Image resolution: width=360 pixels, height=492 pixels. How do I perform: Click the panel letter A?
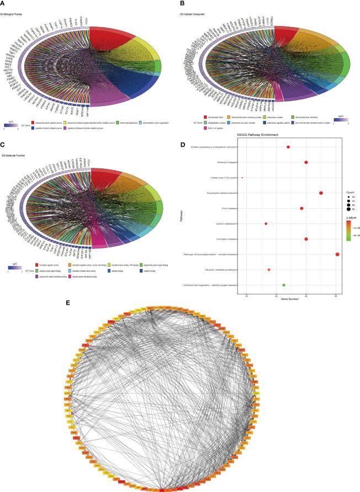[x=3, y=3]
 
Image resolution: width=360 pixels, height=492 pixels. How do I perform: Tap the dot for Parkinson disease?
[x=306, y=162]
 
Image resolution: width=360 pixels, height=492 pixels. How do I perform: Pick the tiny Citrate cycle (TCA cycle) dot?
[x=242, y=178]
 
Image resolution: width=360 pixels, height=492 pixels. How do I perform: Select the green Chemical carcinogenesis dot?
[x=284, y=285]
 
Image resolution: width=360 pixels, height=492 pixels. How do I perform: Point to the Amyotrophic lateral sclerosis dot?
[x=321, y=193]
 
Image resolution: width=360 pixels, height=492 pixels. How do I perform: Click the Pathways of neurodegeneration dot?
[x=337, y=254]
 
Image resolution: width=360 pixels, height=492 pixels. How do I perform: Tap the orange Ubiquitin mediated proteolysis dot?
[x=269, y=269]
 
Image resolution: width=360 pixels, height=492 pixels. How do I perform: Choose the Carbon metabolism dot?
[x=266, y=224]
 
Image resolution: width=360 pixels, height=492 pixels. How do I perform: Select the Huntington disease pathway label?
[x=222, y=239]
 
